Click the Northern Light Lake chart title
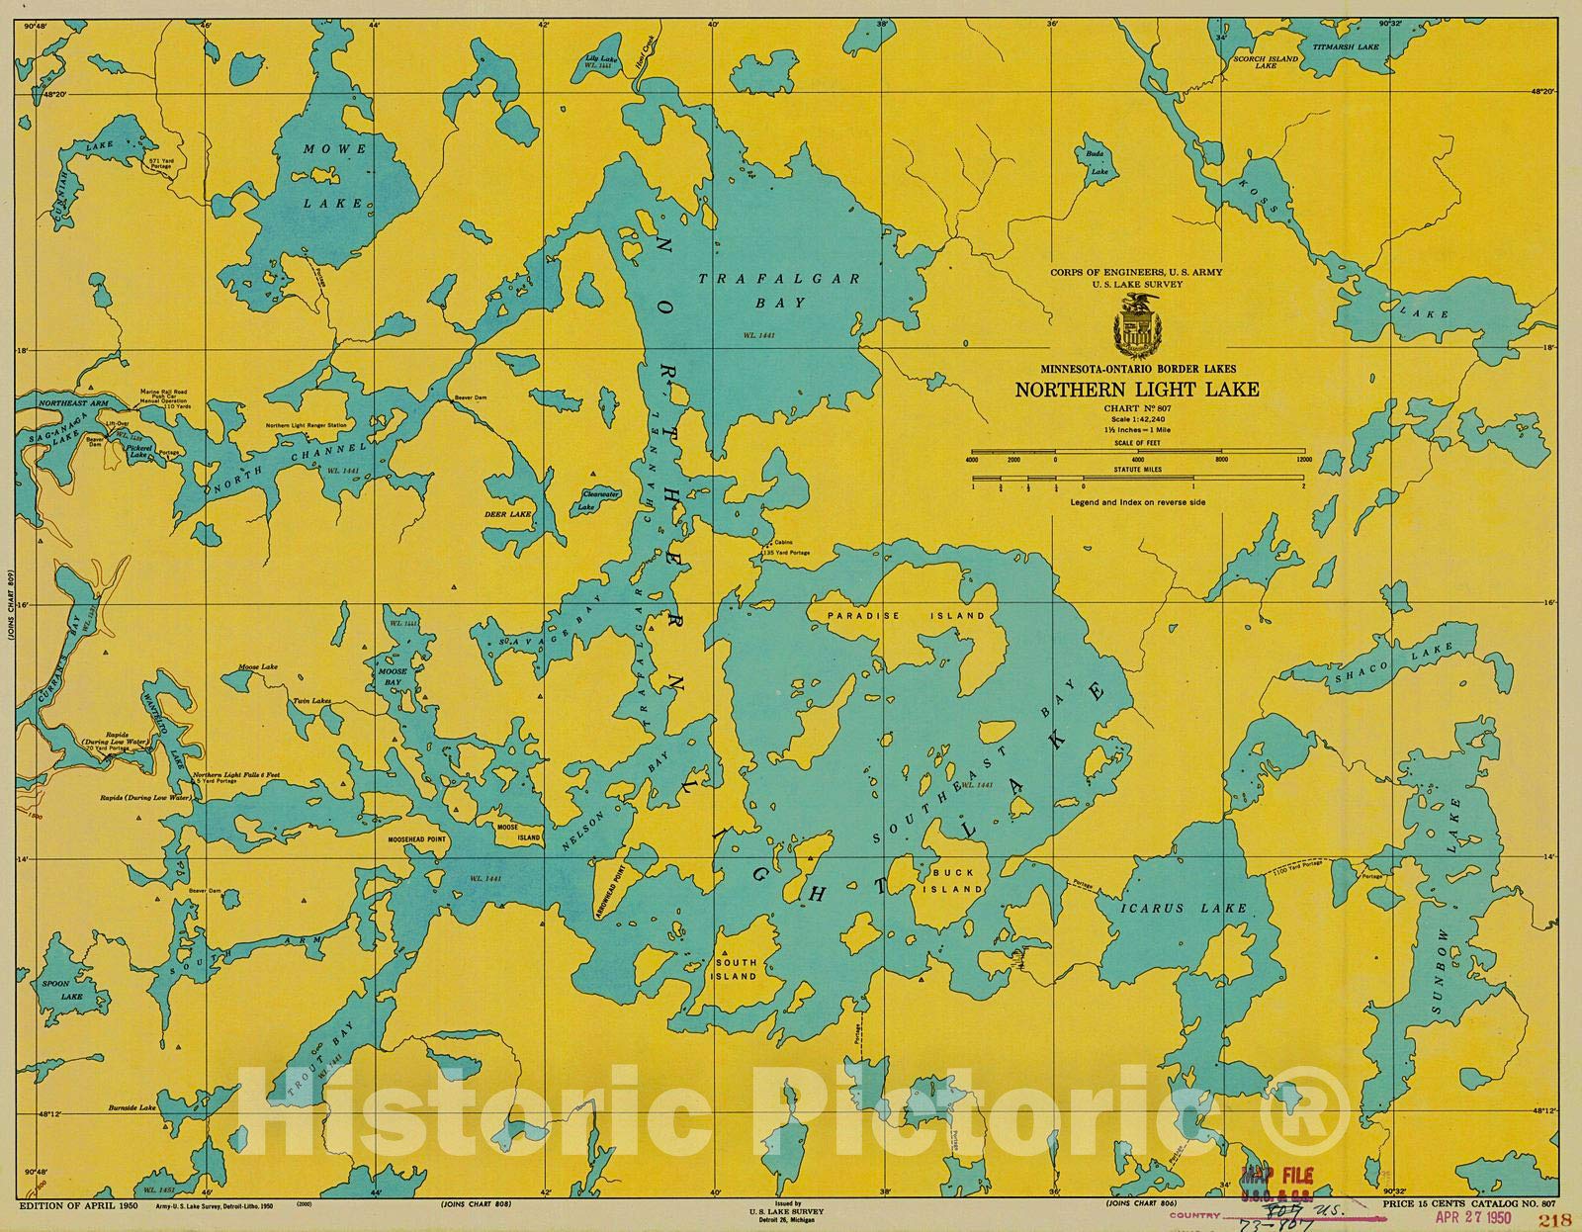[x=1136, y=389]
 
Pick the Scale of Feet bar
[x=1136, y=453]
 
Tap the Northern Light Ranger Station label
[x=307, y=426]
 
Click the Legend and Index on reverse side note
[x=1136, y=502]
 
